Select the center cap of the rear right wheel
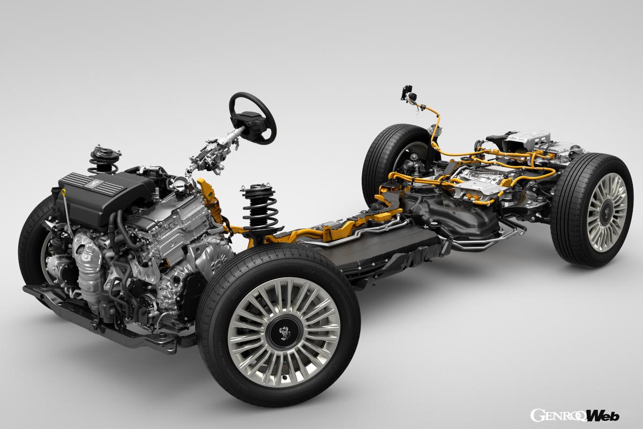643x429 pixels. pos(606,213)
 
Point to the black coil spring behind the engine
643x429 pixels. pos(260,207)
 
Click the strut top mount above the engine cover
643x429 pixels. pos(105,155)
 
